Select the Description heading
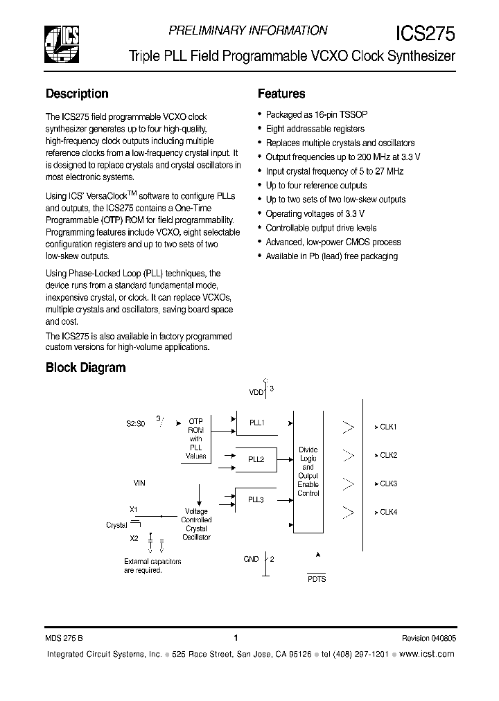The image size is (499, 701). [77, 94]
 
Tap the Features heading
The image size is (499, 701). [281, 94]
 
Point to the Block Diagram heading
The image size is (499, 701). [85, 368]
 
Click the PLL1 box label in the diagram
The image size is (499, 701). [256, 423]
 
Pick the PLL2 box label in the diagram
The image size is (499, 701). [256, 459]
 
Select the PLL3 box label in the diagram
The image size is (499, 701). [256, 499]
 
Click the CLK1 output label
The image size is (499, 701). [388, 427]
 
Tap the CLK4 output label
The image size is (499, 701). [388, 512]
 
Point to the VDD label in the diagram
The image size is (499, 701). [256, 391]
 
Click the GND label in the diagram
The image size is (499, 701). [251, 559]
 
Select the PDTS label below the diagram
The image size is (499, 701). [317, 579]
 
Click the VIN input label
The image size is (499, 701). [140, 482]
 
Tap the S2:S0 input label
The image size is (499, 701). [135, 423]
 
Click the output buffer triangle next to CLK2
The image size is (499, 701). [349, 456]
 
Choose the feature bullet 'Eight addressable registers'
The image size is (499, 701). [315, 129]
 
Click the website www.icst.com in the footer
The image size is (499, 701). [428, 654]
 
